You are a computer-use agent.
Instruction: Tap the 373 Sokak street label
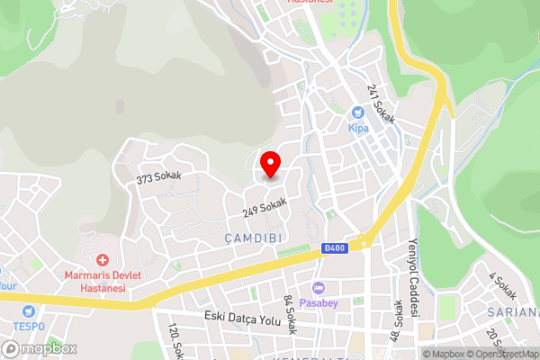(158, 177)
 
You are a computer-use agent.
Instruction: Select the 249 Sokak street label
(265, 208)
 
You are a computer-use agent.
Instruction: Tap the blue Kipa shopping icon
(358, 112)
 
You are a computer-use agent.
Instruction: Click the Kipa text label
(358, 128)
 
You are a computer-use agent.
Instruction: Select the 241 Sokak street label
(381, 103)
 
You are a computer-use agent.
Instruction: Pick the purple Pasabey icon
(319, 287)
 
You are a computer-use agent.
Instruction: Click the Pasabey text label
(319, 302)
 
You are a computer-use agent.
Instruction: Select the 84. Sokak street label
(290, 314)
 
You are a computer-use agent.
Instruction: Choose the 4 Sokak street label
(502, 285)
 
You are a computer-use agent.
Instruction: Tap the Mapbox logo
(39, 347)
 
